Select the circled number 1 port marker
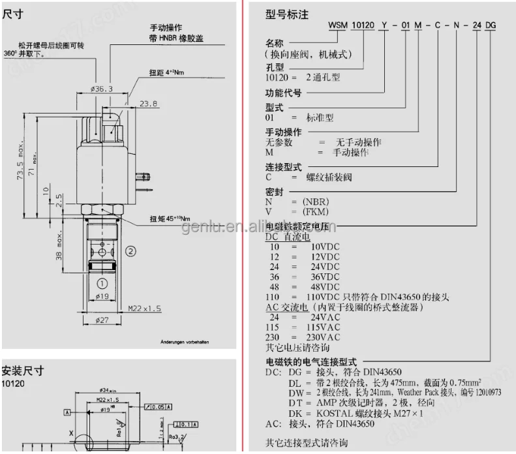[x=102, y=283]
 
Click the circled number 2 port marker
[x=130, y=250]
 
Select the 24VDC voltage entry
[x=324, y=267]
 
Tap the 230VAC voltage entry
[x=325, y=337]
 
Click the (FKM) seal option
[x=315, y=211]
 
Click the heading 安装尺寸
[x=23, y=371]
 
